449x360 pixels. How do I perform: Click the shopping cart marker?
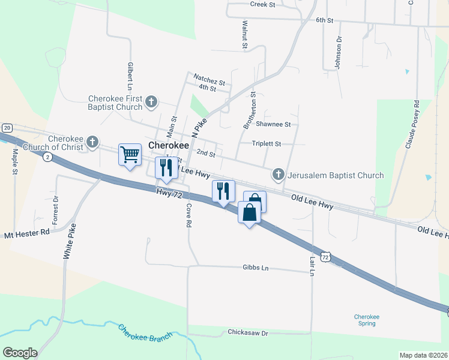tap(130, 155)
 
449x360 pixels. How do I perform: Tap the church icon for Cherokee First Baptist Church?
tap(151, 102)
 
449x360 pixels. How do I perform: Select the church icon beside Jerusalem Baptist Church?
tap(278, 175)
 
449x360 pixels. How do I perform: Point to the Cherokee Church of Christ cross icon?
tap(92, 142)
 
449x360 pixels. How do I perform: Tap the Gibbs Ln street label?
tap(256, 267)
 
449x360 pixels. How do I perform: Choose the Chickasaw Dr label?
tap(247, 332)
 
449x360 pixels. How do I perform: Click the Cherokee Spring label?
tap(367, 320)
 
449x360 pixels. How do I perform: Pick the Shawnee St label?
tap(273, 124)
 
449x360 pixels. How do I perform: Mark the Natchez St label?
tap(209, 78)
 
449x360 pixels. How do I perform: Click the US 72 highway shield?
tap(325, 256)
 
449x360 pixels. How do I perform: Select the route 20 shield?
tap(7, 128)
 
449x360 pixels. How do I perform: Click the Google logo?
tap(20, 352)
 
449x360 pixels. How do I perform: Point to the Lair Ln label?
tap(312, 265)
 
